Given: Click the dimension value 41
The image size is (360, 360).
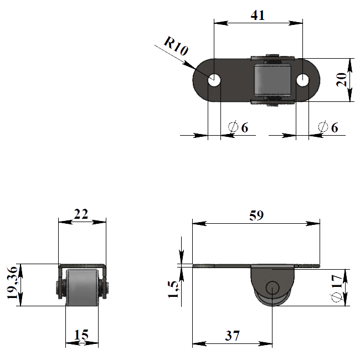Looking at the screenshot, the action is tap(258, 15).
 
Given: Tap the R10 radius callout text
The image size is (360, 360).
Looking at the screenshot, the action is tap(176, 46).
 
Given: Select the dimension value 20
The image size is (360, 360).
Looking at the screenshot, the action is tap(341, 80).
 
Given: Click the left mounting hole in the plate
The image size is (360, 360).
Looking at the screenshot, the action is tap(214, 80).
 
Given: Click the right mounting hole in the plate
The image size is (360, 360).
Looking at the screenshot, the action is tap(302, 80).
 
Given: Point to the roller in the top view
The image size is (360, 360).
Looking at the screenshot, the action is tap(272, 80).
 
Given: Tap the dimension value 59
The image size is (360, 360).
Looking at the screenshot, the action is tap(256, 215).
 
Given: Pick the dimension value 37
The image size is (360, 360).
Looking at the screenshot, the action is tap(233, 336).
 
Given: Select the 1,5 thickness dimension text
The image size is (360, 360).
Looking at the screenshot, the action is tap(173, 289).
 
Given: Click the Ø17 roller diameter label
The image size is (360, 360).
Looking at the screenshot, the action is tap(337, 288).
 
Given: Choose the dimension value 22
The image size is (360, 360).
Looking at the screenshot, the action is tap(81, 214).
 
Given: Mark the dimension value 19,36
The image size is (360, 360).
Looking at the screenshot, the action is tap(12, 282).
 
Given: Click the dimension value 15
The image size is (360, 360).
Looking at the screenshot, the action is tap(81, 335).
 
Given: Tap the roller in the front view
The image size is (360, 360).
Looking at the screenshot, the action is tap(82, 288).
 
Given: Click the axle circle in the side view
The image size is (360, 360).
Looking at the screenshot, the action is tap(272, 287).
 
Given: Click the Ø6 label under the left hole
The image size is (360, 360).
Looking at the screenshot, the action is tap(238, 127).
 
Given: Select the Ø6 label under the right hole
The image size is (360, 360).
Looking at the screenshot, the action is tap(328, 127).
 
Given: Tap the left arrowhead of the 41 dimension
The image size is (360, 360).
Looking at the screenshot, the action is tap(221, 23).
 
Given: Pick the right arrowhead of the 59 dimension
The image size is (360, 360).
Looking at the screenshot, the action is tap(313, 223).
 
